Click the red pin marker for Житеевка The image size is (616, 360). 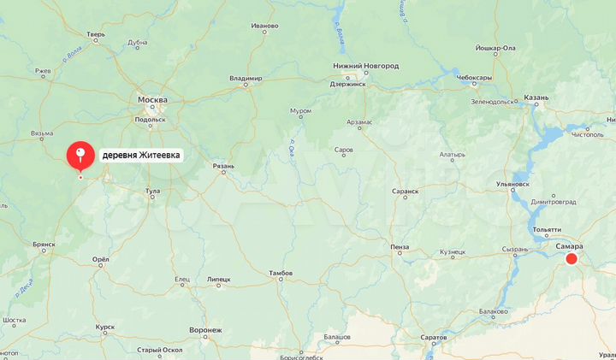tap(80, 155)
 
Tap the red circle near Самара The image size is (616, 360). tap(572, 258)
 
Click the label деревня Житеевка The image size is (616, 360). tap(141, 156)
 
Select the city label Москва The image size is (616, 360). tap(153, 100)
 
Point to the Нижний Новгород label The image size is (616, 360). tap(365, 66)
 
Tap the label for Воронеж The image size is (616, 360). tap(205, 329)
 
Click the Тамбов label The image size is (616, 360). tap(281, 274)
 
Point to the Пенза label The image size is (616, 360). tap(400, 247)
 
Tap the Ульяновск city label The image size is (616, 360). tap(512, 184)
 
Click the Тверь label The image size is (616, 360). tap(96, 35)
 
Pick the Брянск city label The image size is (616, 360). tap(44, 245)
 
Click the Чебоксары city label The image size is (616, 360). tap(474, 77)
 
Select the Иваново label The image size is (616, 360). tap(265, 26)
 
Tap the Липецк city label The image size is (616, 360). tap(218, 280)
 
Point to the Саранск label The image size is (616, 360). tap(405, 192)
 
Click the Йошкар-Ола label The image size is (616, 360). tap(495, 48)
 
